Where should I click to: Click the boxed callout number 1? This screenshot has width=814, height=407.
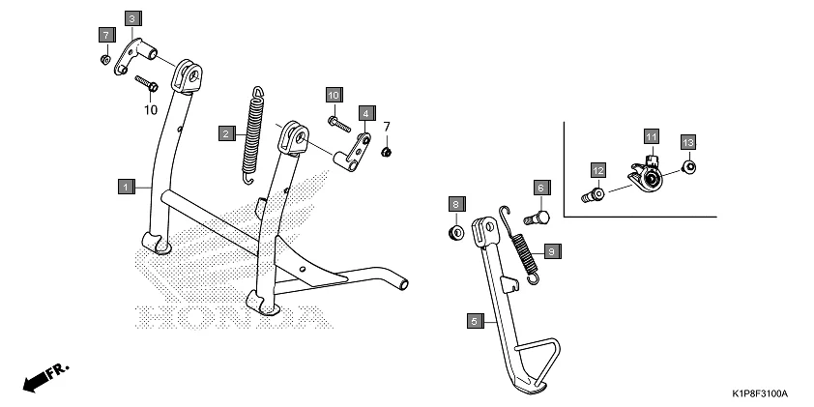click(x=126, y=184)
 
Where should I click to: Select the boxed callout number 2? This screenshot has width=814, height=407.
click(x=225, y=133)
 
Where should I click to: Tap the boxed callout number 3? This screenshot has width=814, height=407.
click(x=132, y=17)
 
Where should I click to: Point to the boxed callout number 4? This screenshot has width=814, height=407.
click(x=365, y=113)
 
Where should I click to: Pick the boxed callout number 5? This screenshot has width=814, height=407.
click(x=474, y=320)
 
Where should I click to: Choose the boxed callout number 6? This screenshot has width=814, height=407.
click(x=539, y=187)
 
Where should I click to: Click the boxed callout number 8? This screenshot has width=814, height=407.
click(x=453, y=202)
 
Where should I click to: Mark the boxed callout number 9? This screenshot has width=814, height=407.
click(x=551, y=251)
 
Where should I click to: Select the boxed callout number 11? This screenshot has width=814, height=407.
click(x=652, y=135)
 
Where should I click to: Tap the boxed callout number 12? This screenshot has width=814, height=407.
click(x=598, y=171)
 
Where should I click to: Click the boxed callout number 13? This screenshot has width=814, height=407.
click(x=688, y=142)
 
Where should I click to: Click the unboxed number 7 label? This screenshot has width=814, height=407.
click(x=387, y=127)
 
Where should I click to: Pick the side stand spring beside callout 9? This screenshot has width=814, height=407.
click(x=523, y=250)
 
